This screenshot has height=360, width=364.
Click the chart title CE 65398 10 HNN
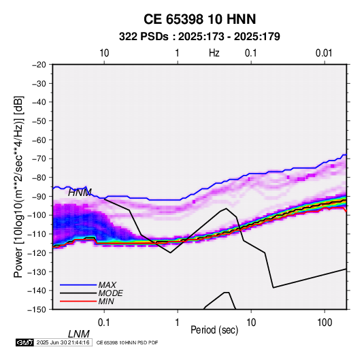199,19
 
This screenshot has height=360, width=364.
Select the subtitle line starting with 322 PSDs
199,37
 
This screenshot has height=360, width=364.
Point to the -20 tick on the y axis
39,65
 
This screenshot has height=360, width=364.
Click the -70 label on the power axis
39,159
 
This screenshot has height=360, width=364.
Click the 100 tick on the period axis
325,323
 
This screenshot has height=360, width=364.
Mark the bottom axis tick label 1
178,323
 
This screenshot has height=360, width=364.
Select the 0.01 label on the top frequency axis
324,53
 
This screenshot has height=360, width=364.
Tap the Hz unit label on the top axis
214,53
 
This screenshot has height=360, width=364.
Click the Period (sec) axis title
214,330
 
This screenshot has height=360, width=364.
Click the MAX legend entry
107,284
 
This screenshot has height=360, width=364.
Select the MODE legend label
110,293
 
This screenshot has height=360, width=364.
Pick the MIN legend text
106,301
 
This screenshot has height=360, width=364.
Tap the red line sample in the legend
78,301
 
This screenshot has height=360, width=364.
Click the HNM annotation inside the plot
80,193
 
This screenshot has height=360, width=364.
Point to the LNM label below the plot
78,334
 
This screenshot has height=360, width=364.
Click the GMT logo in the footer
25,342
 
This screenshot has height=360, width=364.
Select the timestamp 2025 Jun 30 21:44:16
63,342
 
